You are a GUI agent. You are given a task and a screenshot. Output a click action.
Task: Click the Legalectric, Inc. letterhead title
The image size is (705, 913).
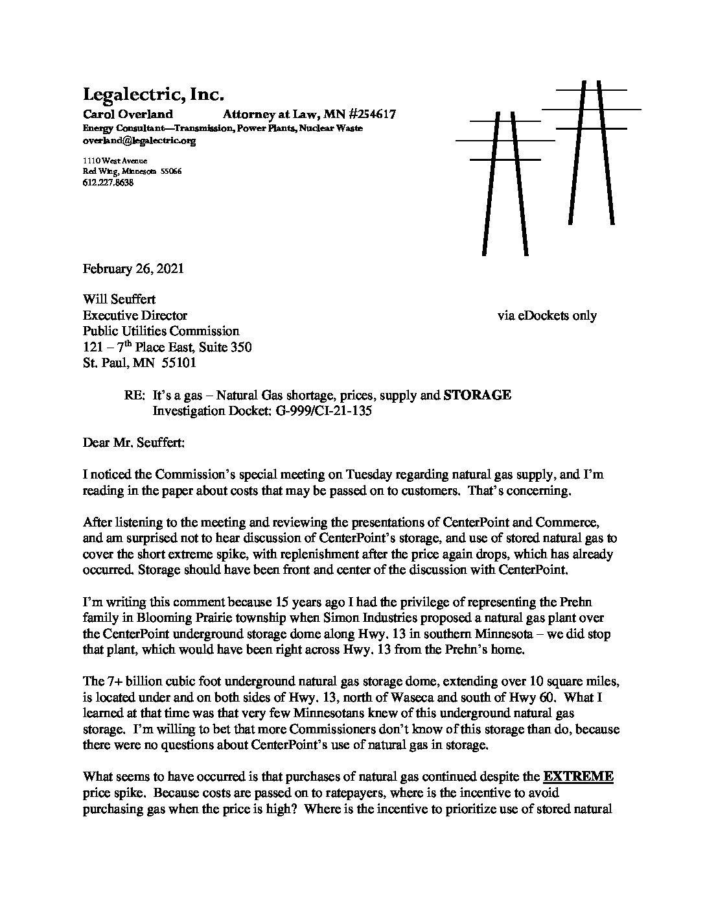tap(154, 95)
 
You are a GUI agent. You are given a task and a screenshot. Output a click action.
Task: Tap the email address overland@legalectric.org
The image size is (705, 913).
tap(139, 140)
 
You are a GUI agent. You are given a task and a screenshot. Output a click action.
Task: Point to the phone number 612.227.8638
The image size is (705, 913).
tap(108, 183)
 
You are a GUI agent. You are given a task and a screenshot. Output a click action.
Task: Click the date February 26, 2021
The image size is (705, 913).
tap(133, 268)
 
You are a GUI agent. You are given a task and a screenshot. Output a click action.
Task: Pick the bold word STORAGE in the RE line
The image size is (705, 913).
tap(477, 395)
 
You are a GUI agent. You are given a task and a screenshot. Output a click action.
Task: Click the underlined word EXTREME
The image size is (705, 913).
tap(578, 777)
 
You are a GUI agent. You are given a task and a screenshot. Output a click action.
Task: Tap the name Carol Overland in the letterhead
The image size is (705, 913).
tap(128, 115)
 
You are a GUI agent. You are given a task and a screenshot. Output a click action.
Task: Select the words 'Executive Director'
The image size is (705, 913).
tap(135, 316)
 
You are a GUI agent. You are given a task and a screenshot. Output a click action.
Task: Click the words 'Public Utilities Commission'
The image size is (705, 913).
tap(161, 331)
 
